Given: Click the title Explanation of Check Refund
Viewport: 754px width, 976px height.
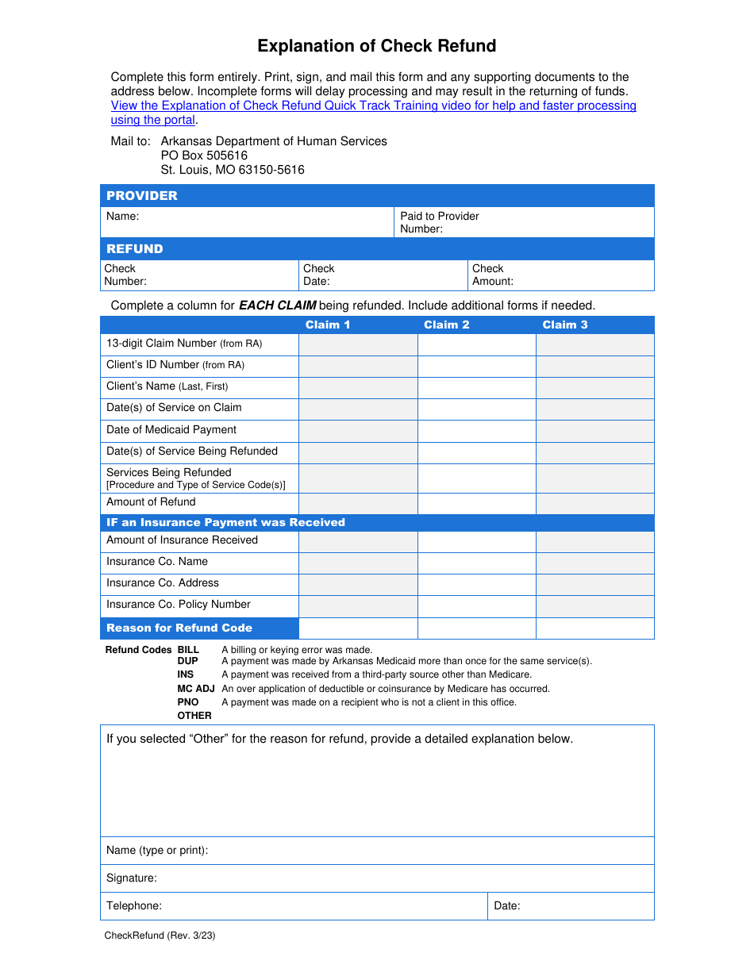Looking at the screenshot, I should (x=376, y=46).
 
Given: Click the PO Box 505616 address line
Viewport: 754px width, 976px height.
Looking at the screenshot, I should (x=204, y=156).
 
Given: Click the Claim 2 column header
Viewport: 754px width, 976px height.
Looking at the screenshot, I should (x=446, y=325).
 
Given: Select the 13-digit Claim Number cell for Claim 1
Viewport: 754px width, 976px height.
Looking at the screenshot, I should (x=358, y=344).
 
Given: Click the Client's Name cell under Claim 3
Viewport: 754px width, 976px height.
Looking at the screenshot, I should (x=595, y=387).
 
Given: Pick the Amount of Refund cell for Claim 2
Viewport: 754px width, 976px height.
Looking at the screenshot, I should (x=476, y=503).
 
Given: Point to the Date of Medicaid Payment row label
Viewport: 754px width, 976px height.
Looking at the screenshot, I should (x=171, y=429).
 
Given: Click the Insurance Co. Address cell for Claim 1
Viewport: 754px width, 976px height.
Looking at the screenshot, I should (x=358, y=584).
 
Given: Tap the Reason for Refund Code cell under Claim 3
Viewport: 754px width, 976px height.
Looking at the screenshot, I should (x=595, y=628).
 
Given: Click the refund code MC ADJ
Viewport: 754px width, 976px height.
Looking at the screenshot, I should (x=195, y=689).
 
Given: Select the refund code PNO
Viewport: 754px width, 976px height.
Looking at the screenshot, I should (x=188, y=702).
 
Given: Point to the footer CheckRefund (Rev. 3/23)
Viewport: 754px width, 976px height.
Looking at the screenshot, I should (x=160, y=936).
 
